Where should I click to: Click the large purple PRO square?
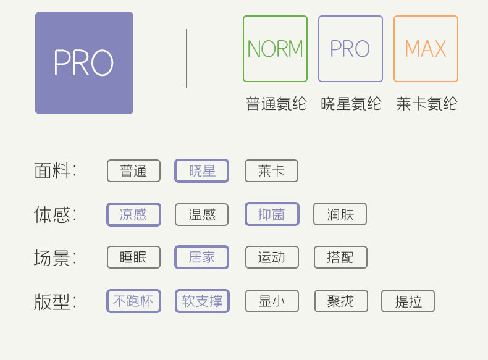tap(84, 63)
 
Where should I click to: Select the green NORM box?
tap(275, 49)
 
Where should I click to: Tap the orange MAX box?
tap(426, 49)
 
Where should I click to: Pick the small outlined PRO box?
tap(350, 49)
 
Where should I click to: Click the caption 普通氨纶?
tap(276, 104)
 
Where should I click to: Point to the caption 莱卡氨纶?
tap(426, 104)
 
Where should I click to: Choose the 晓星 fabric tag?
tap(202, 171)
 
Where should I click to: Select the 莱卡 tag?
tap(271, 171)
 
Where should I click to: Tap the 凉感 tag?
tap(133, 214)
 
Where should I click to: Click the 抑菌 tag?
tap(272, 214)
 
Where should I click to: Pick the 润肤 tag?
tap(340, 214)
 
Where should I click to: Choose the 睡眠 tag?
tap(133, 257)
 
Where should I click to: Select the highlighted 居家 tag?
tap(202, 257)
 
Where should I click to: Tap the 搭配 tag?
tap(340, 257)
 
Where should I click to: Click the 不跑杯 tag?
tap(133, 301)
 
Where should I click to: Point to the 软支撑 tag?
tap(202, 301)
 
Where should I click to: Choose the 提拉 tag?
tap(408, 301)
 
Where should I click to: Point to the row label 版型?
tap(55, 301)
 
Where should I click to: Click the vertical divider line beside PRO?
tap(187, 59)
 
